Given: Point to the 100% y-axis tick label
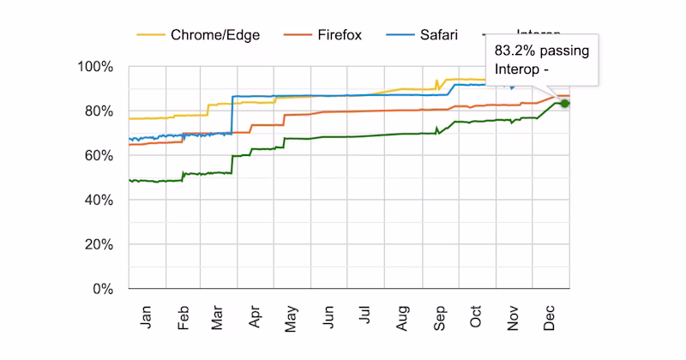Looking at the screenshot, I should (96, 67).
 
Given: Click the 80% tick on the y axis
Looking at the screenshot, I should (99, 111).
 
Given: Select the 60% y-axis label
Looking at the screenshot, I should (99, 156).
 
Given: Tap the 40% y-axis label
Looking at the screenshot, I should (99, 201).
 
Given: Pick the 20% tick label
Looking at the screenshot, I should (99, 245).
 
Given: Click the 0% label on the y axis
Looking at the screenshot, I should (104, 290).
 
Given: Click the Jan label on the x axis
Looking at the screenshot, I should (147, 318).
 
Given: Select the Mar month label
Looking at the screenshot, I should (219, 318).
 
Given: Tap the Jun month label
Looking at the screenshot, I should (328, 318).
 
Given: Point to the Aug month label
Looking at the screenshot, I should (403, 318).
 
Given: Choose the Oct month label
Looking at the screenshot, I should (477, 318).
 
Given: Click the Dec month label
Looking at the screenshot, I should (550, 318).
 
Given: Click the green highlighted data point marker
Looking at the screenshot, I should (564, 104).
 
